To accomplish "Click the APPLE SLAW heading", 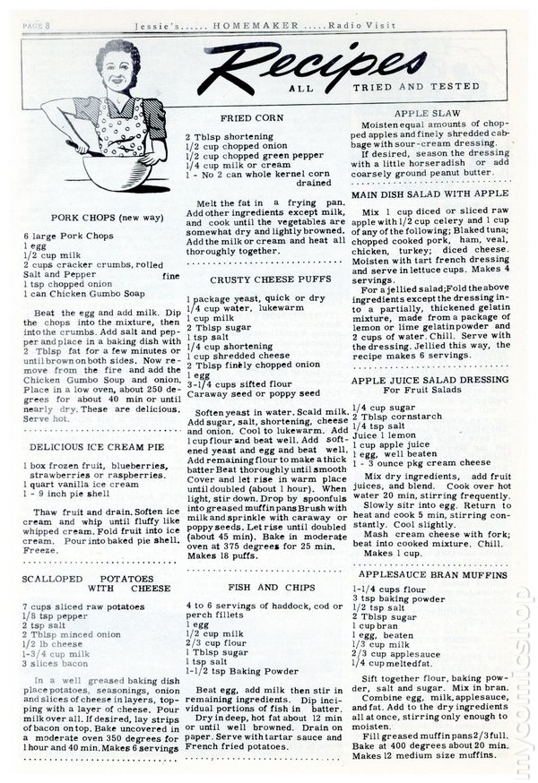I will click(427, 114).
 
